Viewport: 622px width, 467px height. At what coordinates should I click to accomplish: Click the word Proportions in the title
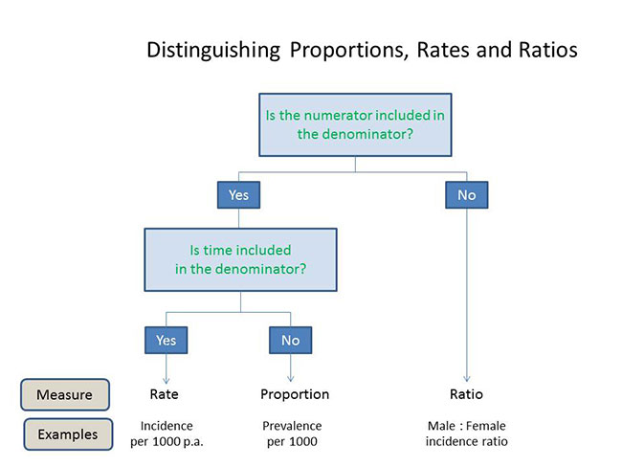pos(348,51)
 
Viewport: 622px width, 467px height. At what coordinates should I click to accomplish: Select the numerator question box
pos(355,124)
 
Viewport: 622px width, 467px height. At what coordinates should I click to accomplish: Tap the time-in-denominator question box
pos(240,259)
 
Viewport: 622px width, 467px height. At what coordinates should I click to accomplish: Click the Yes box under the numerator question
pos(238,195)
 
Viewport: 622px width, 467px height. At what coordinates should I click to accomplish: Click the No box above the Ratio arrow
pos(467,195)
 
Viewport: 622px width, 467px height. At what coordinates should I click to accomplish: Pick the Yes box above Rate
pos(166,340)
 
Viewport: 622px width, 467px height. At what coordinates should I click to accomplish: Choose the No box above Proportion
pos(290,340)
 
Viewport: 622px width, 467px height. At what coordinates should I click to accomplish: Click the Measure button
pos(65,394)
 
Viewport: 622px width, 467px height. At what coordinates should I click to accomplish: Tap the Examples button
pos(68,434)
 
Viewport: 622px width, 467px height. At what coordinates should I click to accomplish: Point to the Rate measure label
pos(165,394)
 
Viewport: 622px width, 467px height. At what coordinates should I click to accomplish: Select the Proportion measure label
pos(295,395)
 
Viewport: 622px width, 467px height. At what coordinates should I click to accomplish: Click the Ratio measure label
pos(467,394)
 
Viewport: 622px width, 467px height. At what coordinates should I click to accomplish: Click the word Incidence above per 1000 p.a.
pos(167,426)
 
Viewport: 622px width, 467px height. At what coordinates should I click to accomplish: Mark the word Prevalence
pos(292,426)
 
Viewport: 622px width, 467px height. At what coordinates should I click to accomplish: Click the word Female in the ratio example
pos(486,426)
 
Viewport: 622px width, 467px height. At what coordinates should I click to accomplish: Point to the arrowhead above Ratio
pos(467,379)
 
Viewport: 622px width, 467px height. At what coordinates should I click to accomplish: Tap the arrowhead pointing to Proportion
pos(290,379)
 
